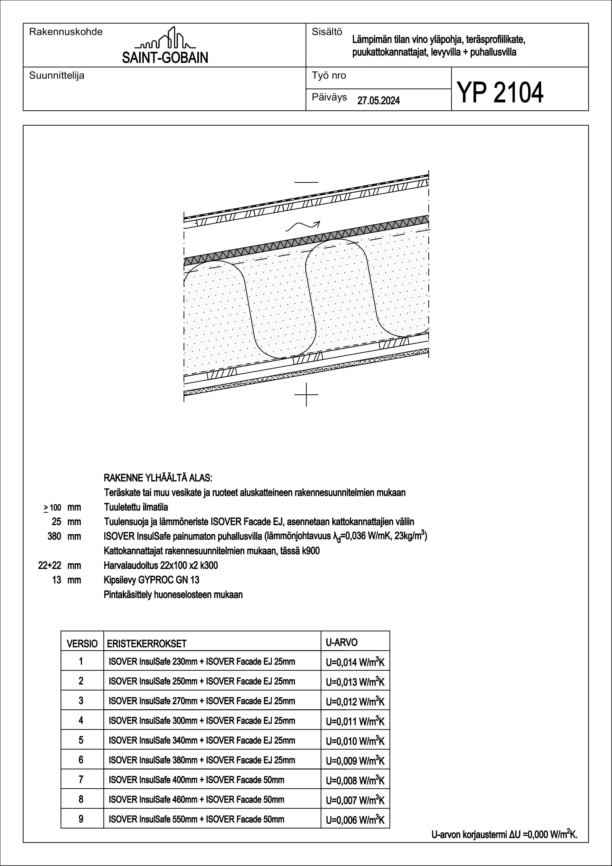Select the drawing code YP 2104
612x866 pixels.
coord(500,92)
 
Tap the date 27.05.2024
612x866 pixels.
coord(378,101)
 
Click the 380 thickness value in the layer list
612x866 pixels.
coord(54,536)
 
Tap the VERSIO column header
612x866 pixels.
coord(82,643)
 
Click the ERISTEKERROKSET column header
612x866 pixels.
coord(147,643)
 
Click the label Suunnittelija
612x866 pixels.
coord(56,76)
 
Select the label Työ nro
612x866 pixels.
coord(329,76)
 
